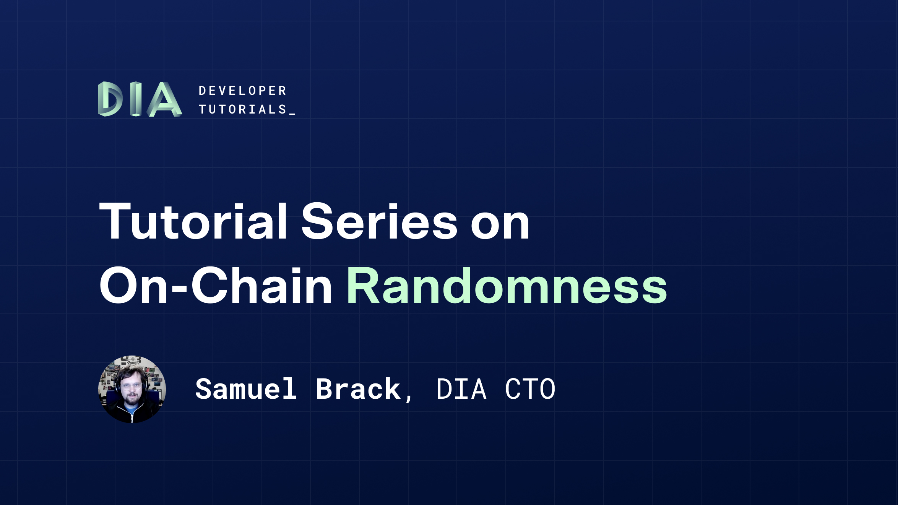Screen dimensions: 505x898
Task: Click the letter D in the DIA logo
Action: click(110, 99)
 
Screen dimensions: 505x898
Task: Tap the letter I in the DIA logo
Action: click(136, 99)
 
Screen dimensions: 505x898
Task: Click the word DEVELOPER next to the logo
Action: click(242, 91)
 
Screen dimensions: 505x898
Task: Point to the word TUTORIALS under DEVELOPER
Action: click(242, 110)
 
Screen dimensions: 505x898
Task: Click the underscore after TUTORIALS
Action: click(292, 114)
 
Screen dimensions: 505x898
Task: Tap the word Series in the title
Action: click(379, 222)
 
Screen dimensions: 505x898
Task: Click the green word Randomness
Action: click(507, 286)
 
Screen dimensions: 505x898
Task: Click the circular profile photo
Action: click(132, 389)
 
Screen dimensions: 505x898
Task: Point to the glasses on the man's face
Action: click(132, 386)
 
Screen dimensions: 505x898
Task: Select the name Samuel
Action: click(246, 389)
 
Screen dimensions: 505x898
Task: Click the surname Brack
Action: click(358, 389)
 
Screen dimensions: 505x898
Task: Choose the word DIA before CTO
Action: click(461, 389)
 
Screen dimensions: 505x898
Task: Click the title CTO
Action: click(530, 389)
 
